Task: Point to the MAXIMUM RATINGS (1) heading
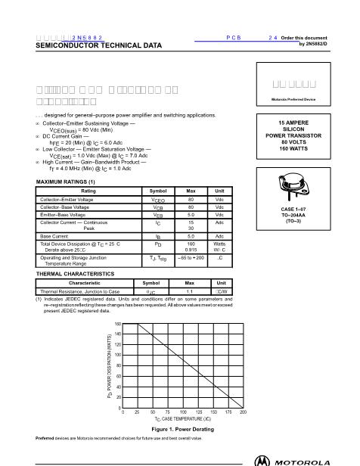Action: (x=61, y=182)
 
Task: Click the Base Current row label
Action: (x=54, y=237)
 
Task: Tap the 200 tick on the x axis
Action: (x=243, y=412)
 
